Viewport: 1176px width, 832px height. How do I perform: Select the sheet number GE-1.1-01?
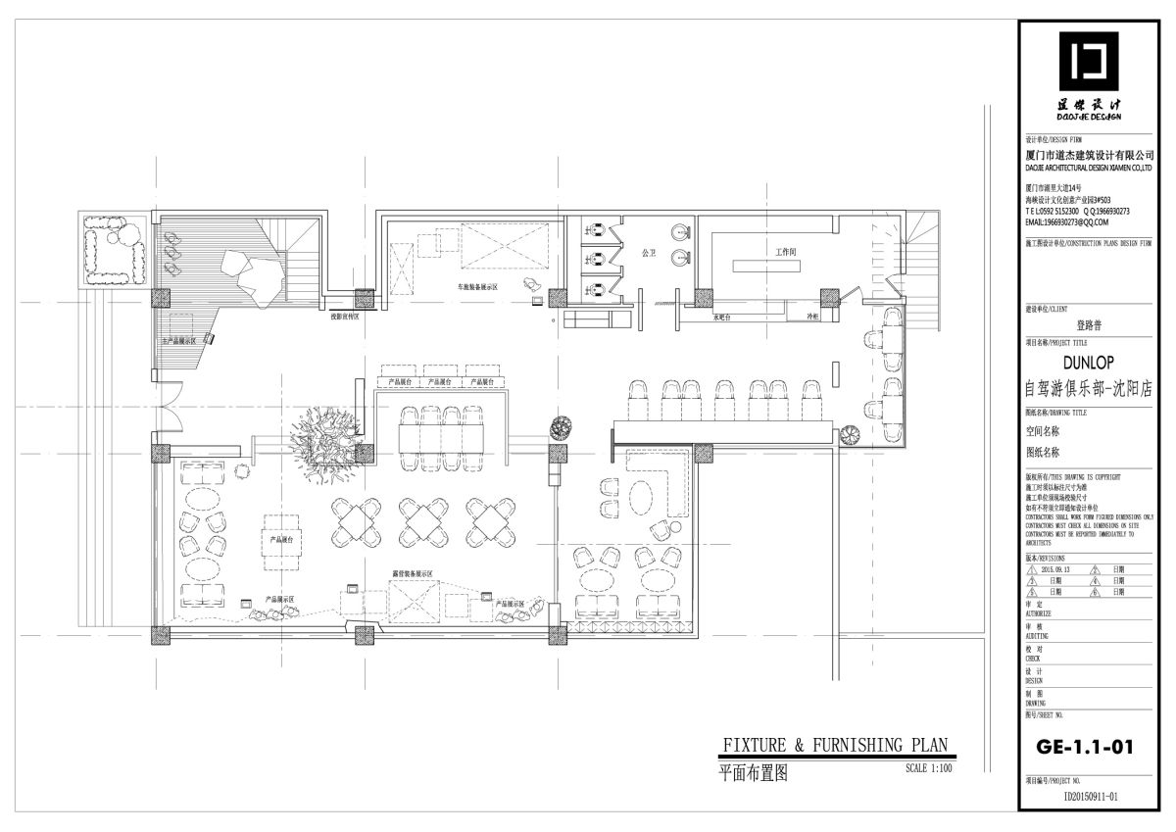pos(1085,747)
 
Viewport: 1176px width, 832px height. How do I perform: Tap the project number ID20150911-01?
pos(1090,798)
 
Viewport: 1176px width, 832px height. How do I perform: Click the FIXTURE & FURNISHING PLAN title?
pos(834,746)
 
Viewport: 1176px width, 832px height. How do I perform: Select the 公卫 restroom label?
pos(647,253)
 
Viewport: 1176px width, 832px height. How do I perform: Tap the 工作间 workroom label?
pos(785,253)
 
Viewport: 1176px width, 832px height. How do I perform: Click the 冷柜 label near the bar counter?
pos(811,318)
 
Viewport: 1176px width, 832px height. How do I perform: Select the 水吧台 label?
pos(723,318)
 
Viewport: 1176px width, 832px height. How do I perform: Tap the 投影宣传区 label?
pos(344,318)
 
